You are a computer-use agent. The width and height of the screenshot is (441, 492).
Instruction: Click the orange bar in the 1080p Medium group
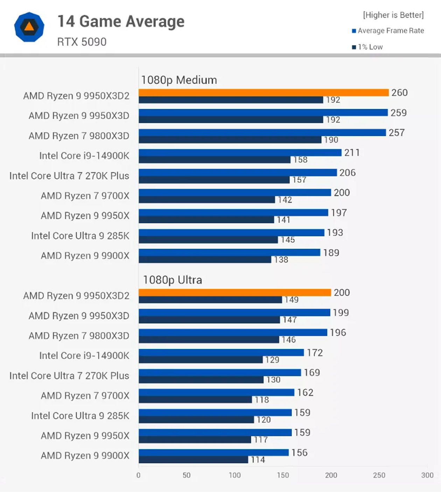pyautogui.click(x=263, y=92)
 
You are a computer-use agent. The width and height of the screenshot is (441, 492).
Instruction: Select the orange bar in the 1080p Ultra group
pyautogui.click(x=234, y=292)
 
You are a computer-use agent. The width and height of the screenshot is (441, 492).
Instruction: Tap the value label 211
pyautogui.click(x=352, y=153)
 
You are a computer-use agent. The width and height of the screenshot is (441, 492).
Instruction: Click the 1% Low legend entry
pyautogui.click(x=367, y=47)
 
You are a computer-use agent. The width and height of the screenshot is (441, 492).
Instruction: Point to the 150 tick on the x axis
pyautogui.click(x=283, y=475)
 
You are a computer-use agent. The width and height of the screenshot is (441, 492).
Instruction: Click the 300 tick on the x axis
pyautogui.click(x=427, y=475)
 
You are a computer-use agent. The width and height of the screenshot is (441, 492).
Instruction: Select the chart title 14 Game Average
pyautogui.click(x=121, y=22)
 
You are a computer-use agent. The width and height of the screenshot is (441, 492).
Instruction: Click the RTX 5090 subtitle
pyautogui.click(x=82, y=42)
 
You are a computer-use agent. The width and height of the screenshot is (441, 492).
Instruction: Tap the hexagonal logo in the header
pyautogui.click(x=29, y=27)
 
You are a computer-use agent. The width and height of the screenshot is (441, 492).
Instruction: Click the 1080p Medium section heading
pyautogui.click(x=179, y=80)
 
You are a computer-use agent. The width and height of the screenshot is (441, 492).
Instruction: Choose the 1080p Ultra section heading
pyautogui.click(x=172, y=280)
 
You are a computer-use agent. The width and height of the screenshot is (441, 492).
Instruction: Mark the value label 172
pyautogui.click(x=315, y=353)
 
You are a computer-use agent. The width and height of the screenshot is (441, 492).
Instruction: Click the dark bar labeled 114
pyautogui.click(x=193, y=460)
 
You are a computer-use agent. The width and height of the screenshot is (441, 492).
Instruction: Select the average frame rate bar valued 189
pyautogui.click(x=229, y=252)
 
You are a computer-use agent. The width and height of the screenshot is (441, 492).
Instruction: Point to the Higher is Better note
pyautogui.click(x=393, y=15)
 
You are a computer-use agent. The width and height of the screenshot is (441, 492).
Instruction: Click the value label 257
pyautogui.click(x=397, y=133)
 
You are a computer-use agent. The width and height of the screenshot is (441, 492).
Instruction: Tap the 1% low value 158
pyautogui.click(x=300, y=160)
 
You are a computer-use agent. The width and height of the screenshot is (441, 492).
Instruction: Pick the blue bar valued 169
pyautogui.click(x=219, y=373)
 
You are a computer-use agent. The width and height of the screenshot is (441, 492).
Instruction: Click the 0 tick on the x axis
pyautogui.click(x=139, y=475)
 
